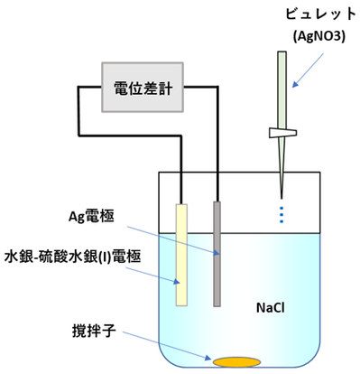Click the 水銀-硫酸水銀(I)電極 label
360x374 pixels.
(x=73, y=255)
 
